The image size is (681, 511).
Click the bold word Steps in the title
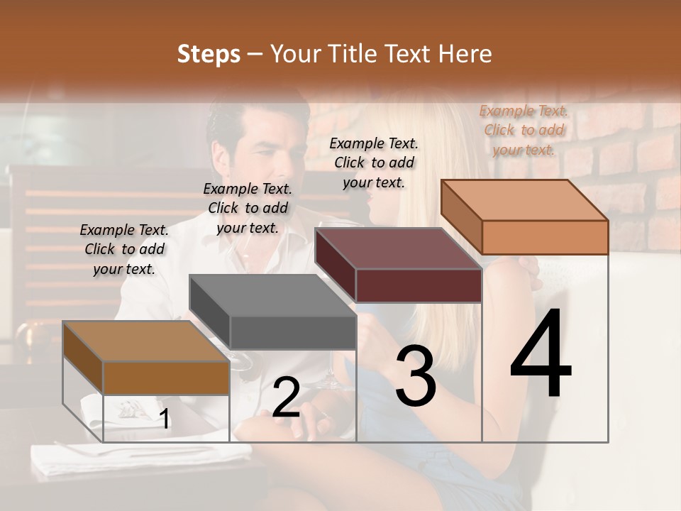(x=209, y=54)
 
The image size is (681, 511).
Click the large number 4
(x=541, y=355)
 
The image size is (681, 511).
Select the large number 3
(x=415, y=377)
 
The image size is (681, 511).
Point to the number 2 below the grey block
(x=287, y=397)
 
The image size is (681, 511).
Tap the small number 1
(x=165, y=419)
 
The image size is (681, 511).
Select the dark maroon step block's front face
(x=419, y=286)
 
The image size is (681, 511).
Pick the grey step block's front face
(x=292, y=333)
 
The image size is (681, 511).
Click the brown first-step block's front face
(x=166, y=378)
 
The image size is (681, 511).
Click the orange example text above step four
(x=524, y=130)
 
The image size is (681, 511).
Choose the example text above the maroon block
(x=374, y=163)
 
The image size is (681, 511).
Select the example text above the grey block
(x=248, y=208)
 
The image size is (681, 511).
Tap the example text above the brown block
(x=124, y=249)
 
